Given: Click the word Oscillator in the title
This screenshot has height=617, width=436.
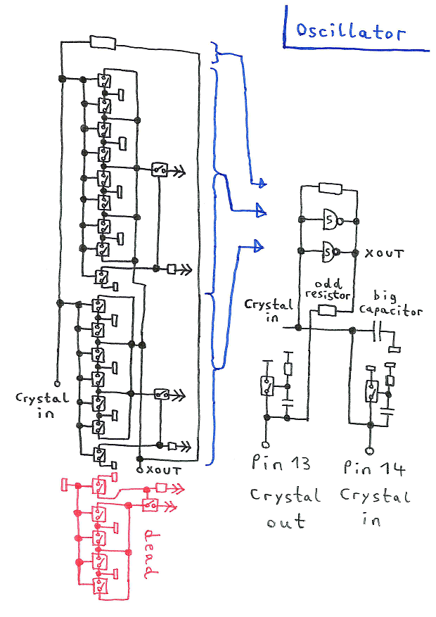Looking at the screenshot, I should tap(350, 32).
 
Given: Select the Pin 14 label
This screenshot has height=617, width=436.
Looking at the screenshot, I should tap(376, 466).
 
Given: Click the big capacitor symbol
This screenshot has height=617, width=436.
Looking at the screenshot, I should tap(379, 329).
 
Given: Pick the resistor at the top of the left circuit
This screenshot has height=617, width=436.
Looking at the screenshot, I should tap(103, 42).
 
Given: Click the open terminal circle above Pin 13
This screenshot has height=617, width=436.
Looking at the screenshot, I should tap(266, 444).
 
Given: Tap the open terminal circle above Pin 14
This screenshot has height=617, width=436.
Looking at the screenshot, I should tap(368, 448).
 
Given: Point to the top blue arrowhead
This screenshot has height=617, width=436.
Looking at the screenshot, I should tap(262, 184).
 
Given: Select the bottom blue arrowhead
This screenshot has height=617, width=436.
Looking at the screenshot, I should tap(261, 246).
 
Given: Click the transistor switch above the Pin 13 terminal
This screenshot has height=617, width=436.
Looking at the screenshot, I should tap(267, 386).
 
